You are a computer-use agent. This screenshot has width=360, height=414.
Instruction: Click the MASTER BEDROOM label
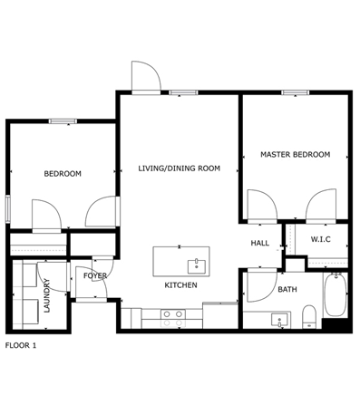(295, 155)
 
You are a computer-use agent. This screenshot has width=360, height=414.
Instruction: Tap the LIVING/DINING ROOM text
(180, 168)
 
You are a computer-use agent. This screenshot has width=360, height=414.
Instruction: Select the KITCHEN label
(180, 285)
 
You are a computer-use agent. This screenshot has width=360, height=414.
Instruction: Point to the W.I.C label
(321, 239)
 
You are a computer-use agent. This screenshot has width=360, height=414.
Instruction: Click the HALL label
(260, 243)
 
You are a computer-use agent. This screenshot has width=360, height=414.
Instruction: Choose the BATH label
(287, 290)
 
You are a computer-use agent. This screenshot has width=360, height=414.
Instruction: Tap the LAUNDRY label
(47, 295)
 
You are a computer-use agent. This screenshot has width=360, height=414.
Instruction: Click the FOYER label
(95, 275)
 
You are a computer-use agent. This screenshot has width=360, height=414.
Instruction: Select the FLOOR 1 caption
(21, 345)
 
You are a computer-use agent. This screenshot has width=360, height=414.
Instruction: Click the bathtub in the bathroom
(336, 294)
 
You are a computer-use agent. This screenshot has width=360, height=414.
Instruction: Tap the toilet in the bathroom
(309, 316)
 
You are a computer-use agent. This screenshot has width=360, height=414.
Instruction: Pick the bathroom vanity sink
(280, 320)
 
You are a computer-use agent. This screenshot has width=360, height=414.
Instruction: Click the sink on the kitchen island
(197, 266)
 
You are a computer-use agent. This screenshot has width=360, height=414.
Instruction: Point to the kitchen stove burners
(173, 318)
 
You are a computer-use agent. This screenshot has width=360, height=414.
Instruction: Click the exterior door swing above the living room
(146, 75)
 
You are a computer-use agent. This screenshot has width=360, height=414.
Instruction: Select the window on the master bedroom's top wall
(296, 92)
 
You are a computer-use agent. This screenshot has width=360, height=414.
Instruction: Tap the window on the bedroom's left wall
(8, 209)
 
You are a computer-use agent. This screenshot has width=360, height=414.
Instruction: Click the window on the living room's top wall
(183, 92)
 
